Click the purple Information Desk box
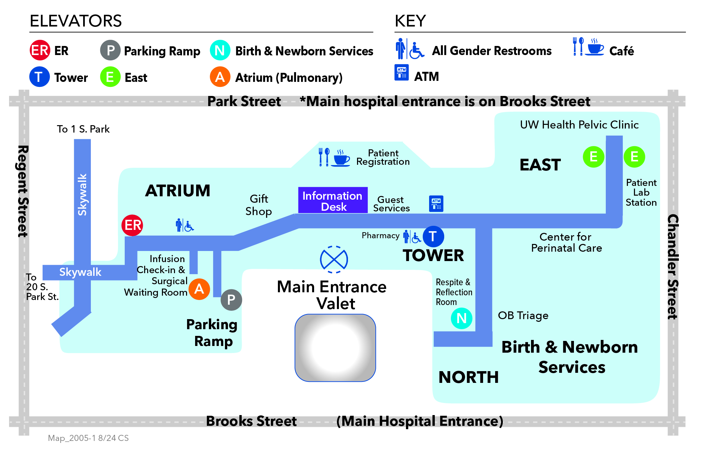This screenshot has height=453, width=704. pos(333,200)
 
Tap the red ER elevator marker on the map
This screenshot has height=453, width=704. pos(132,225)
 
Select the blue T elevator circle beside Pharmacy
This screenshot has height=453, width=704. pos(433,237)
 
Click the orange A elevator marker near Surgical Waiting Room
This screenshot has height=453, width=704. pos(199,289)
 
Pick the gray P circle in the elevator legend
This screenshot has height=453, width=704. pos(110,50)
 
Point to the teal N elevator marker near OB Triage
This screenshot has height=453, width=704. pos(462,318)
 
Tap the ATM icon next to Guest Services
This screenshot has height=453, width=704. pos(436,204)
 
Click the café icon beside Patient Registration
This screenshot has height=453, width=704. pos(334,158)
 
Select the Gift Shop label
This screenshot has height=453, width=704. pos(258,205)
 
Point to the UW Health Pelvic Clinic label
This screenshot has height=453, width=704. pos(579,125)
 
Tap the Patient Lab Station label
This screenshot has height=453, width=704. pos(641,193)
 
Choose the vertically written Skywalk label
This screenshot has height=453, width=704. pos(82,195)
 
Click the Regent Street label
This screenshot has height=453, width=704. pos(23,191)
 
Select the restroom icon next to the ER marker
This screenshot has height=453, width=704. pos(185,225)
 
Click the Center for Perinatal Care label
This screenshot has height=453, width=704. pos(567,242)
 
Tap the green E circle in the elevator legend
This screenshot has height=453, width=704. pos(110,77)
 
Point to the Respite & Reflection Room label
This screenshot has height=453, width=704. pos(454,292)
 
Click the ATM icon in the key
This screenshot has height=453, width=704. pos(402,72)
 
